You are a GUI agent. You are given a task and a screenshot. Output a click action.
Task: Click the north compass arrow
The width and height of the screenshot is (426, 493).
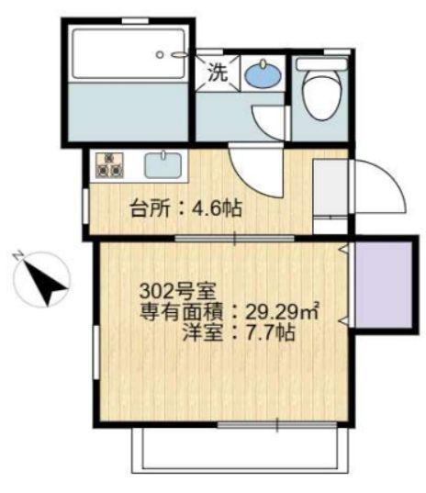(x=46, y=281)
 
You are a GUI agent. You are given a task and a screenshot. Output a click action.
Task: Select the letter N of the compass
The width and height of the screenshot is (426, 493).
(x=17, y=256)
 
